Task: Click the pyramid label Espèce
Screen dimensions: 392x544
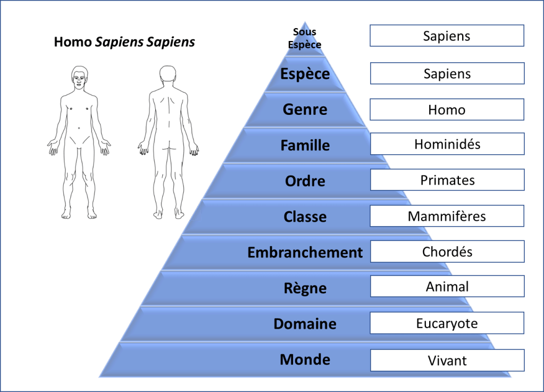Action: pyautogui.click(x=305, y=73)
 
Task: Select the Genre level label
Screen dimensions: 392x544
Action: pyautogui.click(x=305, y=110)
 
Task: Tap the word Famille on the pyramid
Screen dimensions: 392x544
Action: pyautogui.click(x=305, y=145)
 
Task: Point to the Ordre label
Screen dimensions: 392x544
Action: pyautogui.click(x=305, y=181)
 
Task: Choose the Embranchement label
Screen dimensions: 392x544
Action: pyautogui.click(x=305, y=252)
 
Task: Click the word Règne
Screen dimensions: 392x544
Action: pyautogui.click(x=305, y=288)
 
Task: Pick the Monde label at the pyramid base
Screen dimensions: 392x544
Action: pyautogui.click(x=305, y=360)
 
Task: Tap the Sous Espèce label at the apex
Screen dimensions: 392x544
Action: pyautogui.click(x=305, y=39)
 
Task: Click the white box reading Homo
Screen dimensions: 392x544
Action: pyautogui.click(x=447, y=110)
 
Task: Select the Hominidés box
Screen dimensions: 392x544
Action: pyautogui.click(x=447, y=144)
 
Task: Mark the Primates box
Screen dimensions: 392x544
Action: pyautogui.click(x=447, y=180)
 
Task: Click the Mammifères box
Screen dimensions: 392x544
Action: pyautogui.click(x=447, y=216)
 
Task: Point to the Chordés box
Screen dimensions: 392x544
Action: pyautogui.click(x=447, y=252)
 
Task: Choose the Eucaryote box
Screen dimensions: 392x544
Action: pyautogui.click(x=447, y=323)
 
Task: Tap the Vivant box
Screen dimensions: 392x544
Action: pyautogui.click(x=447, y=360)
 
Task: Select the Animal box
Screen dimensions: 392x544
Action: pyautogui.click(x=447, y=287)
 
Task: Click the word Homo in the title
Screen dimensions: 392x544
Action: pyautogui.click(x=73, y=42)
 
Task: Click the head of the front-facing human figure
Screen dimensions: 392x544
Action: pyautogui.click(x=79, y=77)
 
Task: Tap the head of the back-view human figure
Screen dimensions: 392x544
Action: pyautogui.click(x=168, y=76)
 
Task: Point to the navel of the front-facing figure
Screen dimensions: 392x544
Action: pyautogui.click(x=79, y=127)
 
